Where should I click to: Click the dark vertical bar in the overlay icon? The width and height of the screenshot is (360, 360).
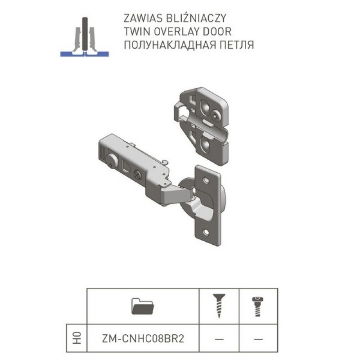click(x=85, y=34)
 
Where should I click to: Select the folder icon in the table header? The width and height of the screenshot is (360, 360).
click(x=143, y=306)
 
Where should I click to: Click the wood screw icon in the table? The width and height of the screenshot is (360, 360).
click(x=219, y=306)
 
